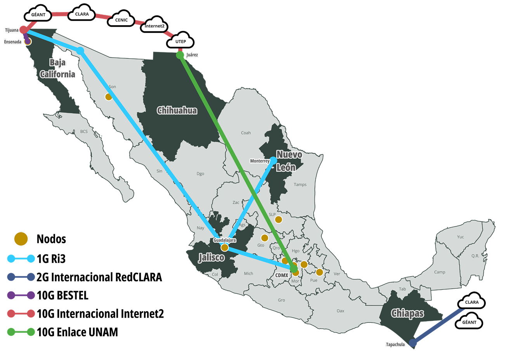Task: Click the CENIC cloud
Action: (121, 20)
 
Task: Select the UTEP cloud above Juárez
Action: (180, 41)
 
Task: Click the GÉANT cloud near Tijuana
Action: (38, 15)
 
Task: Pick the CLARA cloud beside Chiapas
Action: (471, 302)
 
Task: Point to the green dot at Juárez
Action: (180, 55)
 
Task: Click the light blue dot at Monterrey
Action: (273, 160)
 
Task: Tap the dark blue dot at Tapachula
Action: (413, 343)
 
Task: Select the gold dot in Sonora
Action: (109, 97)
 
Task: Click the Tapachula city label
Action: (395, 344)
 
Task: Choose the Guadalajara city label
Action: (224, 240)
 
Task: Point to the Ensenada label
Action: (13, 42)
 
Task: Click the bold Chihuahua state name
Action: (177, 111)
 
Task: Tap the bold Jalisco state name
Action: (211, 257)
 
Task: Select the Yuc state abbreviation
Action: (460, 237)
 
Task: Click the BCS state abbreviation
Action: (84, 132)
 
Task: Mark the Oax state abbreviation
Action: (340, 311)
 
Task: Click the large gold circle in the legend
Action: (21, 239)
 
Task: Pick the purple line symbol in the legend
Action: (21, 295)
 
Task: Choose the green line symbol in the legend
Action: (21, 332)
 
